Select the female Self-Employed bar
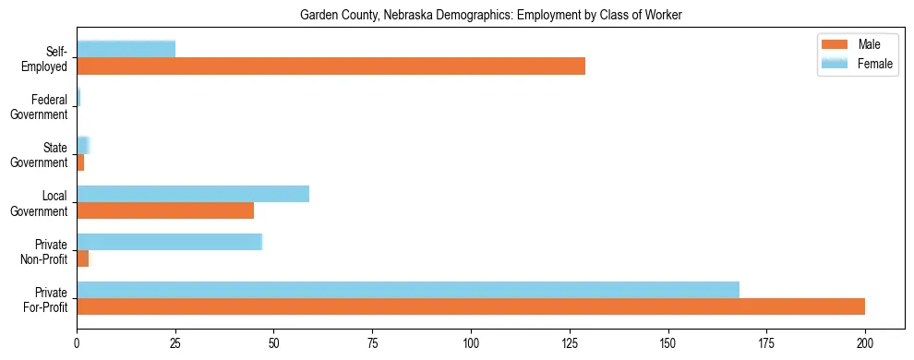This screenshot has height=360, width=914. [x=126, y=49]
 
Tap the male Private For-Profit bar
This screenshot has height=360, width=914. [x=471, y=306]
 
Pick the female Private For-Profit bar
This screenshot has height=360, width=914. [x=408, y=289]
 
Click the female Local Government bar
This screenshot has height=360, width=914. [x=193, y=193]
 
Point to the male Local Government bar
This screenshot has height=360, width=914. [x=165, y=210]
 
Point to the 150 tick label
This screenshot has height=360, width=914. [x=667, y=342]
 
